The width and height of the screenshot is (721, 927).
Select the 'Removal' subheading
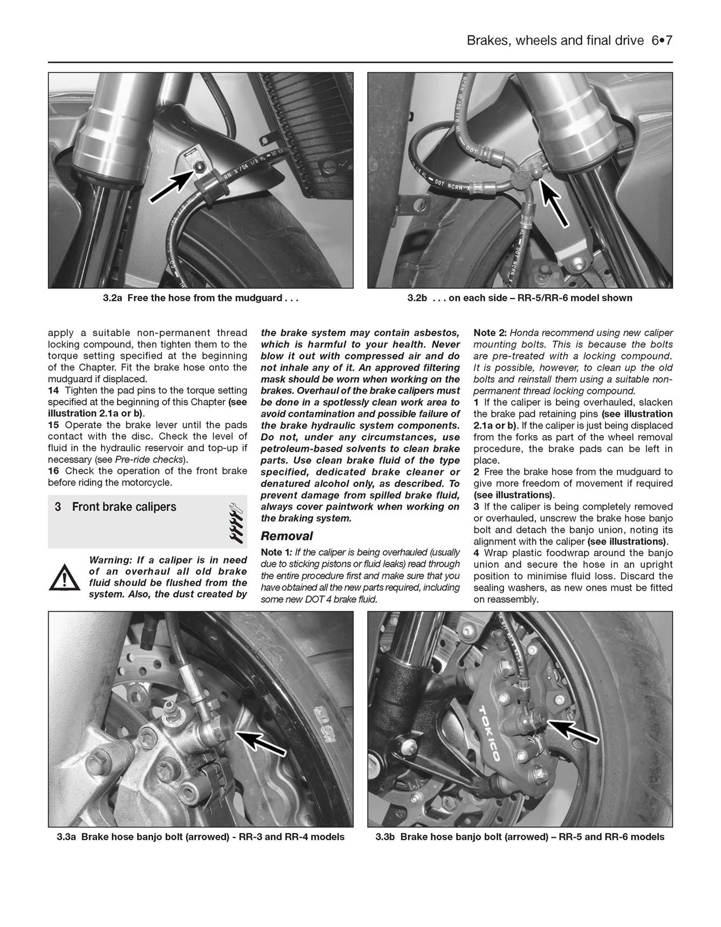pos(287,536)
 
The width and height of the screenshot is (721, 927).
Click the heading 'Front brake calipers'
pos(124,507)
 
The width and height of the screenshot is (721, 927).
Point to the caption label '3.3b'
pos(386,837)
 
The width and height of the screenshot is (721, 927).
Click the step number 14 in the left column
pos(53,390)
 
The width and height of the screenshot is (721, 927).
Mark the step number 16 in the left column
pos(53,471)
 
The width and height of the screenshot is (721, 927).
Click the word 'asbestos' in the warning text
pos(438,333)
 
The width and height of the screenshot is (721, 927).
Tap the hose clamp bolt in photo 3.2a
pos(200,165)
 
